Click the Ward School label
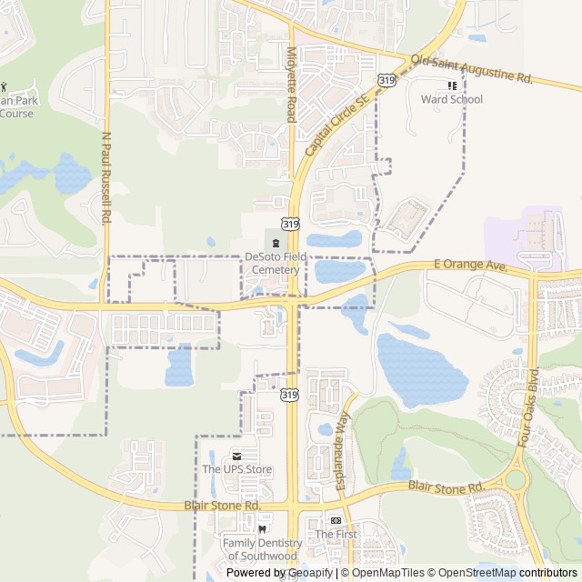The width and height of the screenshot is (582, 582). click(x=452, y=99)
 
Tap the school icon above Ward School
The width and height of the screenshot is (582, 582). click(x=452, y=85)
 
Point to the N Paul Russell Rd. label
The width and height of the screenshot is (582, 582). click(x=105, y=178)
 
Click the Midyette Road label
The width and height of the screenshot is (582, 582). click(x=292, y=84)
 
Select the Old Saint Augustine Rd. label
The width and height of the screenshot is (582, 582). click(x=471, y=69)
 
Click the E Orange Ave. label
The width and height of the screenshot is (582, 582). click(x=469, y=265)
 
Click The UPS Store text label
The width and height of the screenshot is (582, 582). click(x=236, y=469)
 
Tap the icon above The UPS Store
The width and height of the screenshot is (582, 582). click(x=236, y=456)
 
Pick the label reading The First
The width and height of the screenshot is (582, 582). click(x=336, y=535)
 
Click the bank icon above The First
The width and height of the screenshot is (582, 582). click(x=336, y=520)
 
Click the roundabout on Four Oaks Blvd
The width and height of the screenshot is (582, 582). click(x=517, y=478)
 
